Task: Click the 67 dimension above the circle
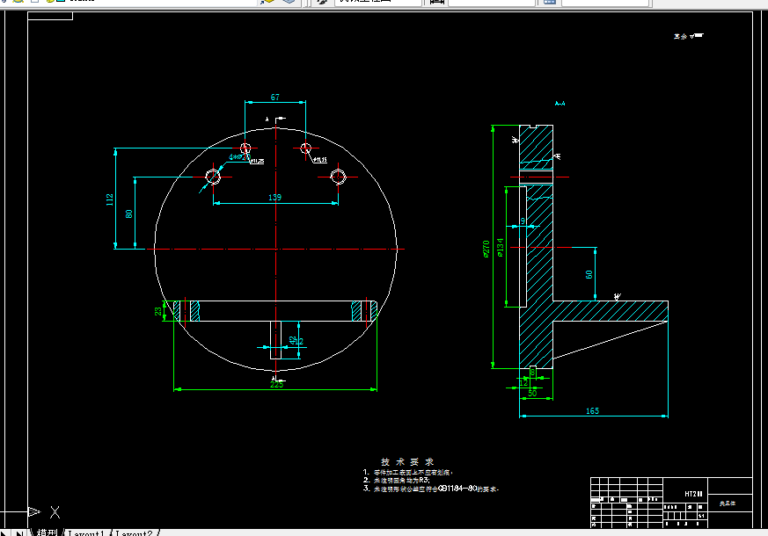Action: [x=275, y=98]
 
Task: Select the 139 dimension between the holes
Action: [x=274, y=199]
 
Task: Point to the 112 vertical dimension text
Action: [x=110, y=199]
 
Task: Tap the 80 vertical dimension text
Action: [x=128, y=214]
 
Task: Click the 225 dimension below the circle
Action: [x=276, y=384]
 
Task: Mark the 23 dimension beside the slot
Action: [x=159, y=311]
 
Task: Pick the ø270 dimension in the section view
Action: [x=486, y=250]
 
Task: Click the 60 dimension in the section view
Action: [x=589, y=274]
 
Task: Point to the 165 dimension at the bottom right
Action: [x=591, y=410]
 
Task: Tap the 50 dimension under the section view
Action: [x=532, y=393]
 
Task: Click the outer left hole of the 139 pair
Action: [x=213, y=177]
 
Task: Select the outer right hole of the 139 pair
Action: [x=339, y=177]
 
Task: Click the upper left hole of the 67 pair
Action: [x=245, y=147]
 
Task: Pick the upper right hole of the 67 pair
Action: [x=305, y=147]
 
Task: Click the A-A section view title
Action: [x=560, y=104]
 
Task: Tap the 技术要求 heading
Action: [x=407, y=461]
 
